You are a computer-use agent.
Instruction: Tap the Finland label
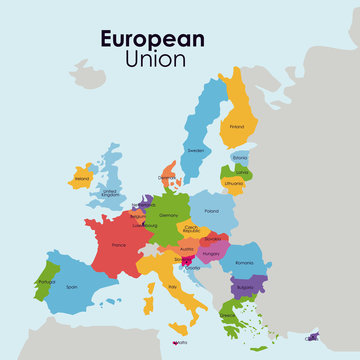pyautogui.click(x=237, y=127)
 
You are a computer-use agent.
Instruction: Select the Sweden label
pyautogui.click(x=196, y=151)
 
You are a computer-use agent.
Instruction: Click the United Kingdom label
pyautogui.click(x=110, y=192)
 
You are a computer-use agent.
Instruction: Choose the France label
pyautogui.click(x=118, y=245)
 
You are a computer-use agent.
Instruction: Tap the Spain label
pyautogui.click(x=71, y=286)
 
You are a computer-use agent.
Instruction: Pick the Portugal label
pyautogui.click(x=46, y=281)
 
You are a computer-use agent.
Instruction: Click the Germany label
pyautogui.click(x=168, y=215)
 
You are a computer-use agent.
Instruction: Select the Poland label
pyautogui.click(x=212, y=211)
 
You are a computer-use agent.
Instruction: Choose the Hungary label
pyautogui.click(x=211, y=254)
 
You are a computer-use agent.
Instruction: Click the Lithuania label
pyautogui.click(x=234, y=184)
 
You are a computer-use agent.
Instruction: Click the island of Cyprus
pyautogui.click(x=311, y=338)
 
